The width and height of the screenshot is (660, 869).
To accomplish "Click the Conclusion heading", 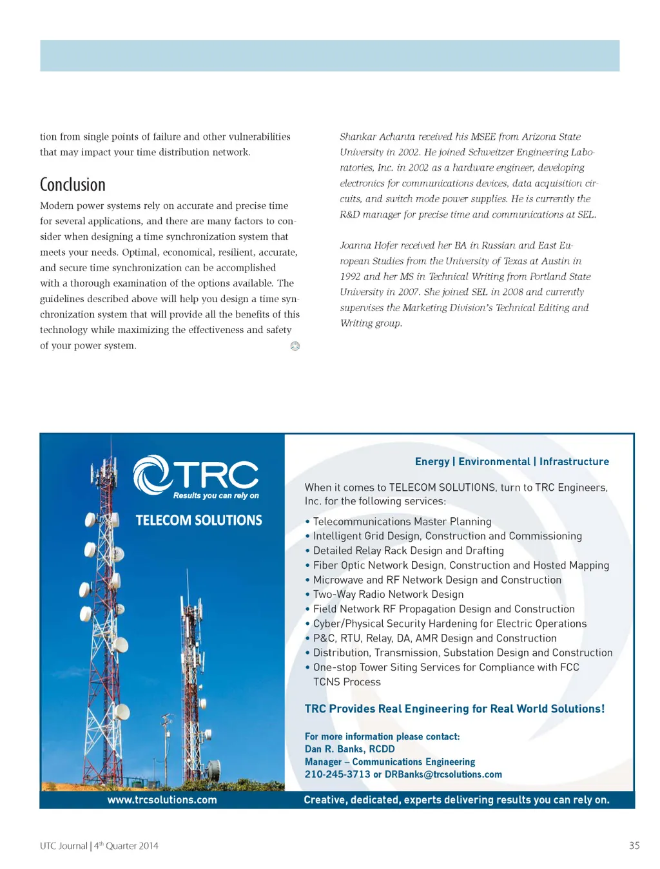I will pos(72,185).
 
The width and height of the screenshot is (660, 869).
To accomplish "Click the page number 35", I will pos(634,845).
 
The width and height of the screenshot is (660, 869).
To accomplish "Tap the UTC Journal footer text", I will pos(99,846).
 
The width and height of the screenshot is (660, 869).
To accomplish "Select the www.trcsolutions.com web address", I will pos(162,799).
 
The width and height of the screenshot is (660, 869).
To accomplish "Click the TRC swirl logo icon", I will pos(152,475).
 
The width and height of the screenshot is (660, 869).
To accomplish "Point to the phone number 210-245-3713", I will pos(337,774).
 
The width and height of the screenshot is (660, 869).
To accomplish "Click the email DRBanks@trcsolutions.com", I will pos(443,774).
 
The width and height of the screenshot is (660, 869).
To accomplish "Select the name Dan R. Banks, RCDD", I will pos(349,749).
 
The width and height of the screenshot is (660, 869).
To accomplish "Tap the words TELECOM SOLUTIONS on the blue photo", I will pos(199,520).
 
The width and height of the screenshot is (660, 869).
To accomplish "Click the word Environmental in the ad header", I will pos(494,461).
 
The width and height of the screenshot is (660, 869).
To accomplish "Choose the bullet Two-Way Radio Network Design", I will pos(388,594).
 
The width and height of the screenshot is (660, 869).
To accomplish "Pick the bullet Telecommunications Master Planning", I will pos(402,521).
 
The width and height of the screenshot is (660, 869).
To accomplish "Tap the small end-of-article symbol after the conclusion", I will pos(295,346).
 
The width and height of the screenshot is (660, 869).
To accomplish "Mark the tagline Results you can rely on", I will pos(216,495).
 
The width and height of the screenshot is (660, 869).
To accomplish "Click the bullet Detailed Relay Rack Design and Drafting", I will pos(408,550).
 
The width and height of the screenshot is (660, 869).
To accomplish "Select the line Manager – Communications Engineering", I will pos(389,761).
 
